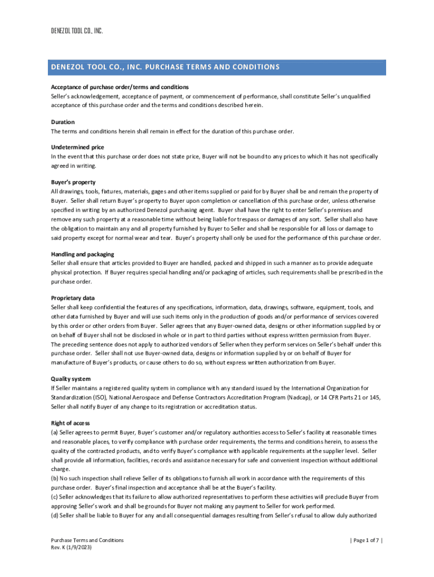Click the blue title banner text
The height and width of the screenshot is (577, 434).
(x=165, y=67)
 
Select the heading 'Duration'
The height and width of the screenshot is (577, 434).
(x=63, y=122)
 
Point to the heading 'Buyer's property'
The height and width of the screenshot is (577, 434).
(x=73, y=182)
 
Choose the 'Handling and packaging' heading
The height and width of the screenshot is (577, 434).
(x=82, y=254)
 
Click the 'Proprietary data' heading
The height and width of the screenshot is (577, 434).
(x=73, y=298)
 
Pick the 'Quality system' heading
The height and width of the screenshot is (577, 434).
(x=70, y=379)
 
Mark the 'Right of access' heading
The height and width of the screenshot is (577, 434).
(x=70, y=423)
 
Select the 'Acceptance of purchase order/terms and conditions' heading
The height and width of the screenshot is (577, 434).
(x=119, y=87)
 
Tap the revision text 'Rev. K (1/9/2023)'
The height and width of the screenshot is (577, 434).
(x=72, y=547)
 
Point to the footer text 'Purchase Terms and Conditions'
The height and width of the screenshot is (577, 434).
(x=87, y=540)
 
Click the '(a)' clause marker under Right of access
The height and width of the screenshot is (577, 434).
(x=55, y=432)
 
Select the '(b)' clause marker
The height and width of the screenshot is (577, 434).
(x=55, y=478)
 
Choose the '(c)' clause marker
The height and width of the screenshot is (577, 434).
(x=55, y=497)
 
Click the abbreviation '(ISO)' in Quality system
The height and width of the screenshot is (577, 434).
(x=100, y=397)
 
